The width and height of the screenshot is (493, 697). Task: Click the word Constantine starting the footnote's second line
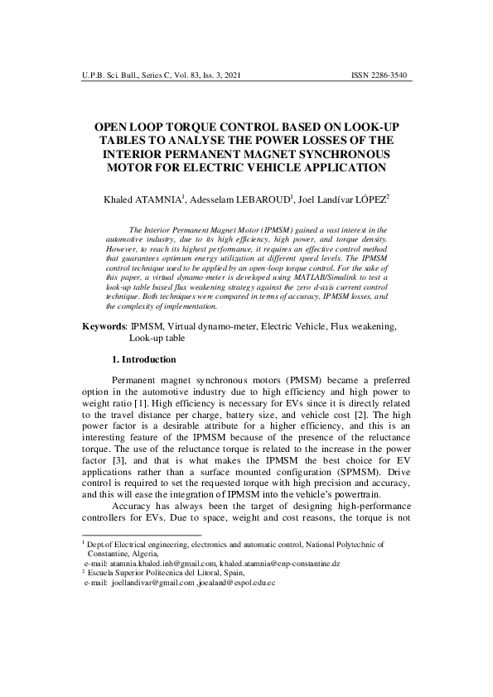pyautogui.click(x=111, y=553)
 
